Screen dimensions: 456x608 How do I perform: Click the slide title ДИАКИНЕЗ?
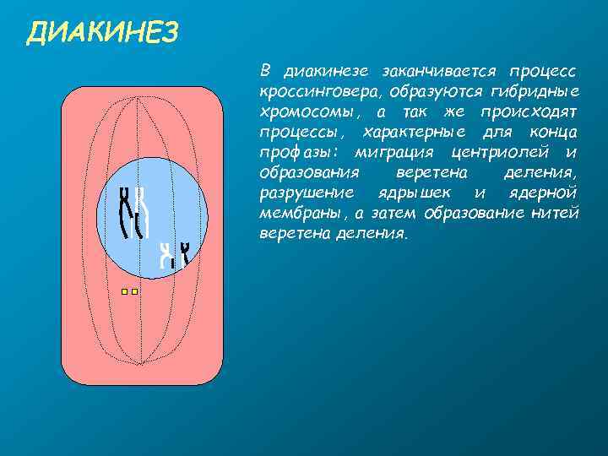pyautogui.click(x=102, y=33)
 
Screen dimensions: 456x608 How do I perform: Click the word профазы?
pyautogui.click(x=296, y=153)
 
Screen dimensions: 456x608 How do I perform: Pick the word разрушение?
pyautogui.click(x=301, y=193)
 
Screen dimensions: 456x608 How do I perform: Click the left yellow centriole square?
pyautogui.click(x=124, y=292)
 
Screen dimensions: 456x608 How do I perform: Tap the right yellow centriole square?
pyautogui.click(x=135, y=292)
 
